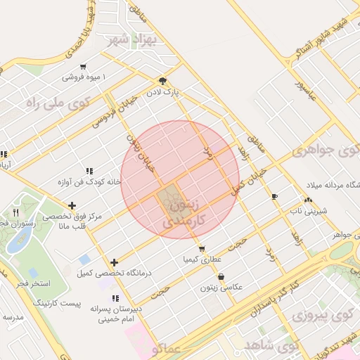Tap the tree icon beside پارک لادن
pyautogui.click(x=163, y=81)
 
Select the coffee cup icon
pyautogui.click(x=274, y=196)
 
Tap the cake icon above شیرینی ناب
pyautogui.click(x=310, y=199)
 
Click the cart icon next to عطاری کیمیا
pyautogui.click(x=202, y=249)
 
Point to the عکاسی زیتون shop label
pyautogui.click(x=221, y=287)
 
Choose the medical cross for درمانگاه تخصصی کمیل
pyautogui.click(x=114, y=262)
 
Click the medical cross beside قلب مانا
pyautogui.click(x=72, y=206)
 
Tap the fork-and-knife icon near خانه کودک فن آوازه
pyautogui.click(x=89, y=171)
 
